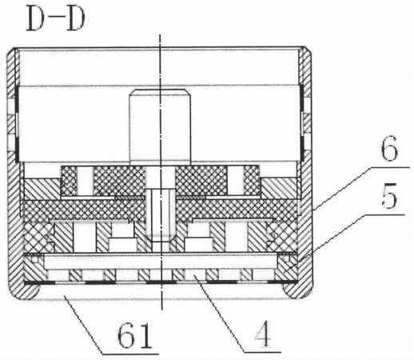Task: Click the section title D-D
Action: click(56, 19)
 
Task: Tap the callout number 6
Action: click(389, 149)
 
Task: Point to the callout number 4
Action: click(263, 334)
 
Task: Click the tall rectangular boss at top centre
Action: click(160, 125)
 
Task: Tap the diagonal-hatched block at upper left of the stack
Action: click(42, 189)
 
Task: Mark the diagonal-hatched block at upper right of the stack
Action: click(279, 189)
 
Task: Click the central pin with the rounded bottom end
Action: click(160, 214)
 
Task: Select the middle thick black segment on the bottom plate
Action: click(161, 282)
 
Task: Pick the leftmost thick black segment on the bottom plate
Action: click(40, 282)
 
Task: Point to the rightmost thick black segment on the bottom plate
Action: click(282, 282)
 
